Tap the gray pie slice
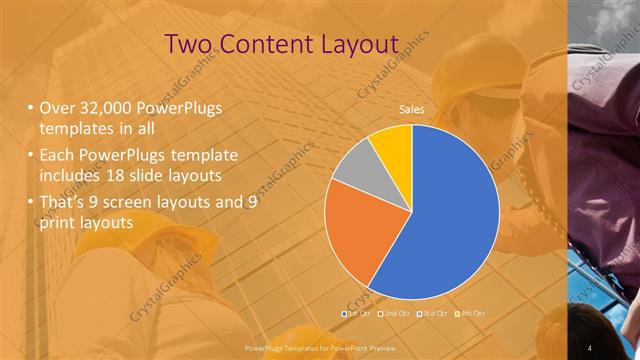point(355,166)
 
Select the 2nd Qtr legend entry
point(396,314)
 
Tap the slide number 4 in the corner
point(591,346)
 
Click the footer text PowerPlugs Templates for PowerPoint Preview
point(319,346)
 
